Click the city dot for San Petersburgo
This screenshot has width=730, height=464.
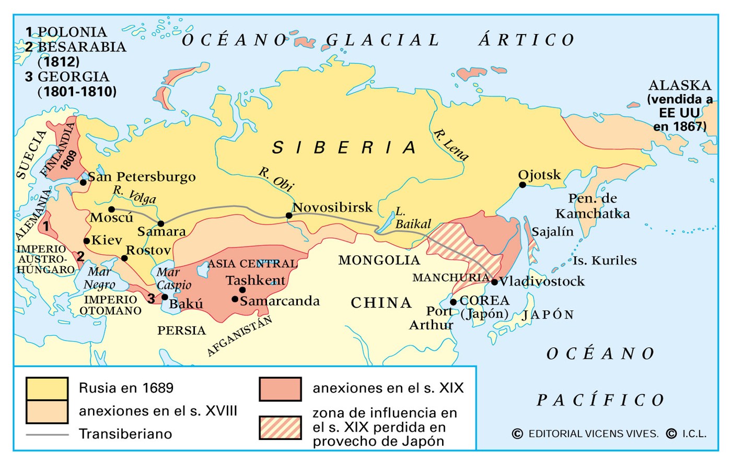coord(83,182)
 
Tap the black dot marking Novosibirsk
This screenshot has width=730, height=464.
coord(289,215)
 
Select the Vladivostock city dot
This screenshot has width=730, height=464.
coord(494,282)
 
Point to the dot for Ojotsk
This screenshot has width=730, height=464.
coord(522,185)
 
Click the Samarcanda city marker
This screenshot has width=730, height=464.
coord(235,299)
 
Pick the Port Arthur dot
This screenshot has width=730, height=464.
coord(453,302)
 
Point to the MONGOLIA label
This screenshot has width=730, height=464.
coord(379,260)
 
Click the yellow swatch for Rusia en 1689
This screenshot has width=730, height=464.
coord(47,389)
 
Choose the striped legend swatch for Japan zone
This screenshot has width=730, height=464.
coord(280,427)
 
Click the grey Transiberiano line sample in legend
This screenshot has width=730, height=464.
coord(47,434)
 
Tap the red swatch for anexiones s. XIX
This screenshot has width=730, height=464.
coord(280,389)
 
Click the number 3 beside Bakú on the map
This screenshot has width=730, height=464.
coord(151,298)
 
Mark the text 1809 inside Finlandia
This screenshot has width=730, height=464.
coord(69,160)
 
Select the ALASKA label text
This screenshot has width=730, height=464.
coord(679,85)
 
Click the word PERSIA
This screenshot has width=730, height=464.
coord(181,330)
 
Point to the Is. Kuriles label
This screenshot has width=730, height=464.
coord(604,261)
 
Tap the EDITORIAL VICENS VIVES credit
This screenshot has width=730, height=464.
coord(593,434)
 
